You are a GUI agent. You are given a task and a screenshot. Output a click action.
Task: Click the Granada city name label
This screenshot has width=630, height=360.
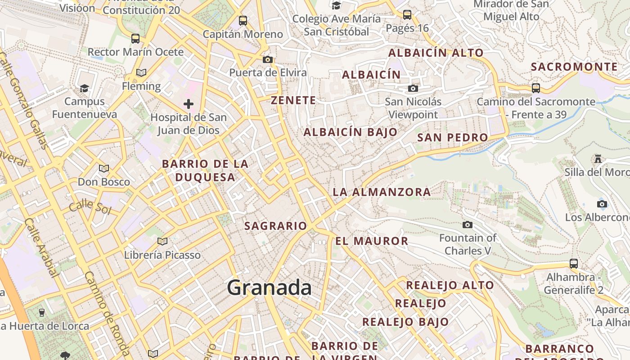(269, 287)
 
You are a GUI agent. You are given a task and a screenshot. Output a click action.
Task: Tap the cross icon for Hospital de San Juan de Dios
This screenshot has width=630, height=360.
(189, 104)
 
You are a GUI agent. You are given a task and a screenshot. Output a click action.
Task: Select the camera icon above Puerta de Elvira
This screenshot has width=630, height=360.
(268, 59)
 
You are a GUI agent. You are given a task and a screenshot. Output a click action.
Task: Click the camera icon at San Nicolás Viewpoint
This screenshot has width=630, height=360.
(413, 89)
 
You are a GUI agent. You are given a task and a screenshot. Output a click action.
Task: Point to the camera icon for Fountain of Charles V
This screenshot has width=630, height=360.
(468, 225)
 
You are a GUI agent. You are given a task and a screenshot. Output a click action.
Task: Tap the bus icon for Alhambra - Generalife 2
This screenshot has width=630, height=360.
(573, 264)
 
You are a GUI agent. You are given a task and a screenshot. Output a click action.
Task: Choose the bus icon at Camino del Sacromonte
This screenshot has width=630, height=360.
(535, 88)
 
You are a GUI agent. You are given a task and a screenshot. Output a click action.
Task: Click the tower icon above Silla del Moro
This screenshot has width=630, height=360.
(598, 159)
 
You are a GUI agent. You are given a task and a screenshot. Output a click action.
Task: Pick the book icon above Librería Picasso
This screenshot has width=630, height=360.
(162, 242)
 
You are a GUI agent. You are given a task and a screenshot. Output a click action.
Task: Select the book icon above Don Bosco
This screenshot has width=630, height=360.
(104, 169)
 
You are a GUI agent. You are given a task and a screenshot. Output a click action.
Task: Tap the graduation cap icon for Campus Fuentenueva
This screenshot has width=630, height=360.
(84, 88)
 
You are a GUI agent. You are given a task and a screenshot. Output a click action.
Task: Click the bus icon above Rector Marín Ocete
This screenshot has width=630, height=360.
(135, 39)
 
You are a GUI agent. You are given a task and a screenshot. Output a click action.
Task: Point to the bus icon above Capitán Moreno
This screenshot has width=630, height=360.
(243, 21)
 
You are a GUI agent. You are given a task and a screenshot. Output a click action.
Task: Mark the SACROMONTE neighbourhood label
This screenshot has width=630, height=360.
(574, 67)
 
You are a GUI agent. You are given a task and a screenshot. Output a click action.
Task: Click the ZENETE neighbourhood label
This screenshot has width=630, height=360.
(293, 100)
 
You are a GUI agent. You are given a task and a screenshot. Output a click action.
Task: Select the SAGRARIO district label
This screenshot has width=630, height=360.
(275, 226)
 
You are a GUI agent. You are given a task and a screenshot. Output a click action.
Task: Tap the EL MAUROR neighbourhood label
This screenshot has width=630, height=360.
(372, 241)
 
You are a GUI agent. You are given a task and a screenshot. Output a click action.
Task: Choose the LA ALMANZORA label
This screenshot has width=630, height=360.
(382, 192)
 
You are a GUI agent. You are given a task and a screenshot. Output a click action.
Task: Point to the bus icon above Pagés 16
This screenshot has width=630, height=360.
(407, 15)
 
